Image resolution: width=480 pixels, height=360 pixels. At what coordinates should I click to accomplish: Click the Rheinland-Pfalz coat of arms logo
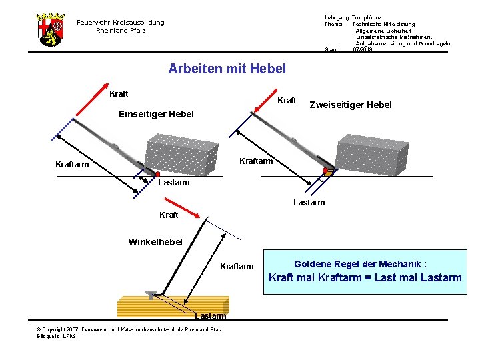coord(49,29)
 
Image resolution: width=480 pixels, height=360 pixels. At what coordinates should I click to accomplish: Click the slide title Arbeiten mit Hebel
coord(227,69)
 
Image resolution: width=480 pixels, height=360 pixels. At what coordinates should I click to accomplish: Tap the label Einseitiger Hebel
coord(156,114)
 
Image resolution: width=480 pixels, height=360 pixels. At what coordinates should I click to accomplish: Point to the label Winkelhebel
coord(155,241)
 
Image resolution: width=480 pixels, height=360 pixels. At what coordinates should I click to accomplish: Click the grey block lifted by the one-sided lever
coord(181,154)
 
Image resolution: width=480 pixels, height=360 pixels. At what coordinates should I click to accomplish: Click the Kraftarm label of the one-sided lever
coord(72,165)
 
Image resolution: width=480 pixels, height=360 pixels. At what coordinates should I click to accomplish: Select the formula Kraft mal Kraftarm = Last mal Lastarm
coord(365,278)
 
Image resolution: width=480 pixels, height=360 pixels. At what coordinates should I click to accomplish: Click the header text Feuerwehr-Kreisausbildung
coord(120,23)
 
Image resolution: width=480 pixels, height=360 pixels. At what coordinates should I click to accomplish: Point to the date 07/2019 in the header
coord(363,49)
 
